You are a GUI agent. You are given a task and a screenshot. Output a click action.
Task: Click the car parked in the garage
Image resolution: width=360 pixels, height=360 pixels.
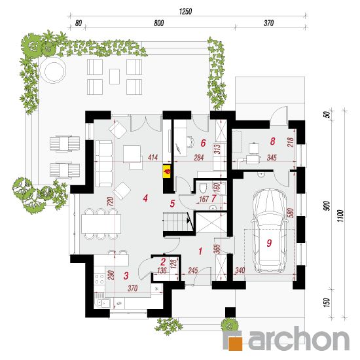(x=270, y=231)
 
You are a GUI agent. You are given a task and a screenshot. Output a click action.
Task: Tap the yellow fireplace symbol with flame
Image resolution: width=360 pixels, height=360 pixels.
(x=167, y=171)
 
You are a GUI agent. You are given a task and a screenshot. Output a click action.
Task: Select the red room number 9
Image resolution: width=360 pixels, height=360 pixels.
(x=269, y=243)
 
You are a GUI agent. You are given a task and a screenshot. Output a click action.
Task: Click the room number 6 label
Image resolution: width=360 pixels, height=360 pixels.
(x=203, y=143)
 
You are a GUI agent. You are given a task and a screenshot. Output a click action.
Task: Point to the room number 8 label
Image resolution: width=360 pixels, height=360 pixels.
(x=272, y=141)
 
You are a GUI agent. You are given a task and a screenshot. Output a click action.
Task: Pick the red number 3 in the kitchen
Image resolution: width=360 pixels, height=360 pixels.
(x=126, y=276)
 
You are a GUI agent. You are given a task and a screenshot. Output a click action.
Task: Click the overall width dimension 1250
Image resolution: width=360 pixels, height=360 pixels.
(x=185, y=12)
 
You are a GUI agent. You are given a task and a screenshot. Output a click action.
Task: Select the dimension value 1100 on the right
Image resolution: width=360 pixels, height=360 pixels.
(x=340, y=215)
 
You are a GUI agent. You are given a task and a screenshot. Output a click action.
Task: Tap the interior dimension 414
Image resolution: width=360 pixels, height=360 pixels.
(x=153, y=158)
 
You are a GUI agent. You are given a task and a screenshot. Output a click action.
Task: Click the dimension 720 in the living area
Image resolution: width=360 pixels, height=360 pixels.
(x=111, y=202)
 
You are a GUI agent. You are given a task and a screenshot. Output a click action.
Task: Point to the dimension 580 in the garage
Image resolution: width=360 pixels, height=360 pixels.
(x=290, y=213)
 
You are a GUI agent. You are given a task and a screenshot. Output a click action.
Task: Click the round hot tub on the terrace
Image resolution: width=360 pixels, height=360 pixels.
(x=53, y=72)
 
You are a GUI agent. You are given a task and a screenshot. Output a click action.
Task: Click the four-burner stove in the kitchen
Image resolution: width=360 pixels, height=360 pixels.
(x=99, y=278)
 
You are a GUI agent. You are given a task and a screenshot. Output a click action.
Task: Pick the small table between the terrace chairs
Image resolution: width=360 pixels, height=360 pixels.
(x=115, y=77)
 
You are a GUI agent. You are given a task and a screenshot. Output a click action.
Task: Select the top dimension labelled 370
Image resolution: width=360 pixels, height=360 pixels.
(x=268, y=23)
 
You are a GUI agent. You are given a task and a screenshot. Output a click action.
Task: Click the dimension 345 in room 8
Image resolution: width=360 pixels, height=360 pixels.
(x=272, y=158)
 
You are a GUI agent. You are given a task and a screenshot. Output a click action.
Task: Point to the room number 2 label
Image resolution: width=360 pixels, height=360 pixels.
(x=163, y=262)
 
